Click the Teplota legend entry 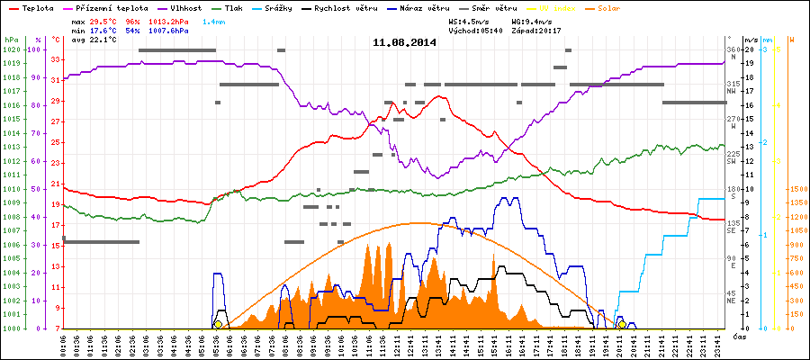click(37, 6)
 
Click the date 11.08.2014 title click(404, 42)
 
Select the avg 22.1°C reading click(92, 40)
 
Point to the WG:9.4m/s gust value click(535, 20)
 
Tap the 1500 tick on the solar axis click(797, 189)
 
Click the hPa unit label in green click(11, 40)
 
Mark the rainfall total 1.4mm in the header click(214, 20)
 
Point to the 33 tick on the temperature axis click(56, 59)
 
